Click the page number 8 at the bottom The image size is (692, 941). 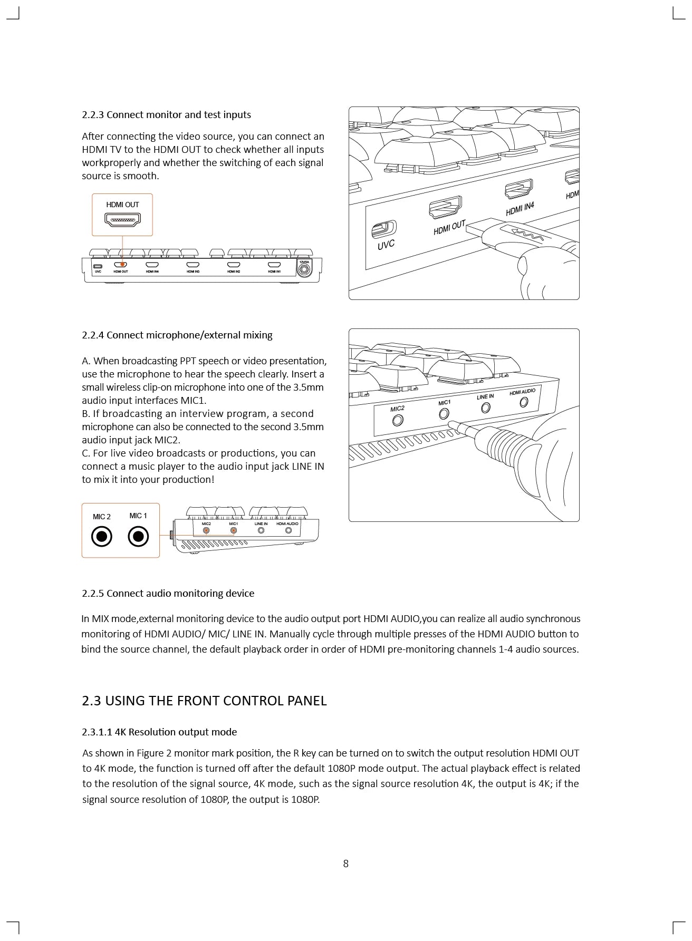tap(345, 864)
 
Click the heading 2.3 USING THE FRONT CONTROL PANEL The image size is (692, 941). tap(204, 701)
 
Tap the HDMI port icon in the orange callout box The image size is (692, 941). tap(122, 219)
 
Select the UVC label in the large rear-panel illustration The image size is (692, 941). tap(386, 245)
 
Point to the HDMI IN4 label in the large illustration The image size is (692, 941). tap(520, 209)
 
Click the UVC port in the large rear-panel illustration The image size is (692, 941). tap(384, 229)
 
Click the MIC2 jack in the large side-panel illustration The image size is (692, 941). tap(398, 420)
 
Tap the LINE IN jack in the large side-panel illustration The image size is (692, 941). tap(486, 408)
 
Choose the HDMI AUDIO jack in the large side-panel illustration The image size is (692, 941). tap(524, 402)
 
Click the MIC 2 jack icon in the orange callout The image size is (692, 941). tap(102, 537)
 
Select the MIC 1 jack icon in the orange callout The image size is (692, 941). tap(138, 537)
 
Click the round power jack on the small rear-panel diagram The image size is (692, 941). tap(304, 270)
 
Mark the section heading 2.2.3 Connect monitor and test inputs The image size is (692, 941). tap(166, 115)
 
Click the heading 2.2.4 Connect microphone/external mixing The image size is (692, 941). tap(177, 335)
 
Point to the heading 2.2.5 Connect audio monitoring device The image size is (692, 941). tap(168, 594)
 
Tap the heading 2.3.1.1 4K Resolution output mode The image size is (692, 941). tap(159, 732)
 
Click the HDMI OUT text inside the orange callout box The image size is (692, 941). tap(122, 205)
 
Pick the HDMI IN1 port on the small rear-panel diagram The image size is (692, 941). tap(274, 265)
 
